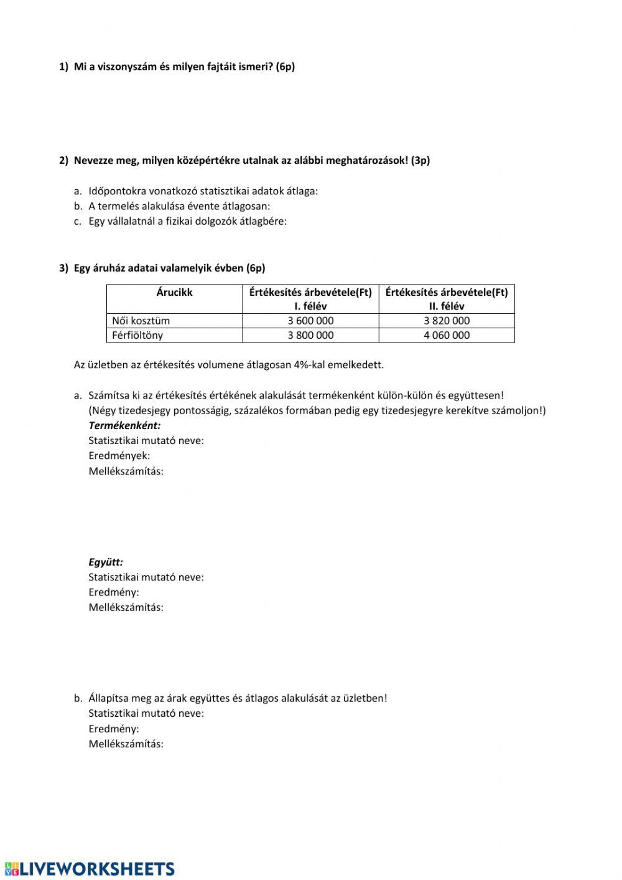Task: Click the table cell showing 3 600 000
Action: click(x=310, y=321)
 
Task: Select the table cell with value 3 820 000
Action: click(x=447, y=321)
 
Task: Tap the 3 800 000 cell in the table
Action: click(x=310, y=335)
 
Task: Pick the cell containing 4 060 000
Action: click(x=447, y=335)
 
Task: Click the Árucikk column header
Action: click(x=174, y=292)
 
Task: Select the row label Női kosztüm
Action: click(x=141, y=321)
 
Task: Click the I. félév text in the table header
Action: click(x=310, y=306)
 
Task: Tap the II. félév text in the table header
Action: click(x=447, y=306)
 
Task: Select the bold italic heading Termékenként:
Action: click(x=124, y=425)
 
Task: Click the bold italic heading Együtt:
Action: click(x=106, y=562)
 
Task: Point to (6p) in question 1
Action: click(x=285, y=67)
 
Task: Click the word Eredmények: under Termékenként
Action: click(x=119, y=456)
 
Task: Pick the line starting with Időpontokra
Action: click(x=203, y=191)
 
